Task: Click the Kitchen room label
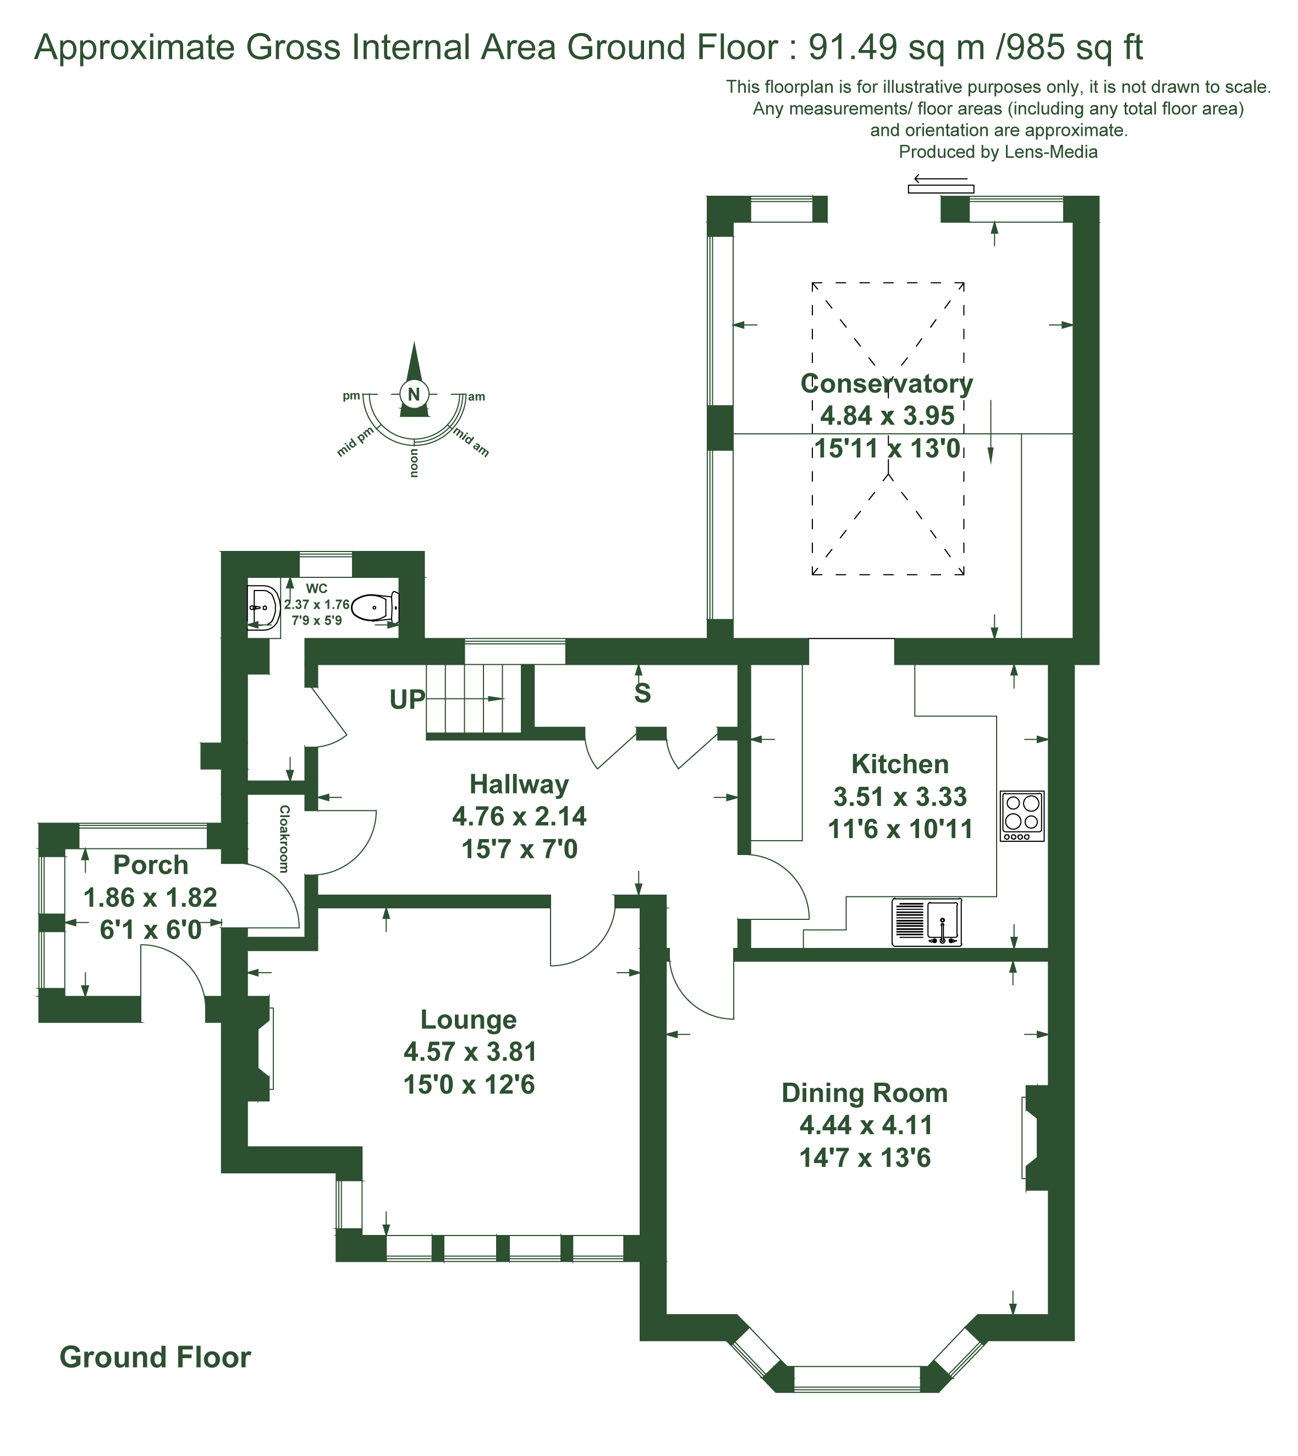point(900,764)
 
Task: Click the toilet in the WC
point(375,608)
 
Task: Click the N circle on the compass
point(414,394)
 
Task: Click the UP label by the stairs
point(407,700)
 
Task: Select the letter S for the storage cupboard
point(642,693)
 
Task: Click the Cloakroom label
point(284,839)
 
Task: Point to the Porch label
point(151,865)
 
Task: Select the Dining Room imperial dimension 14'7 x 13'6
point(865,1158)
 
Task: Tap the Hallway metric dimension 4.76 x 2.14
point(519,817)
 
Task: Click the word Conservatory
point(887,384)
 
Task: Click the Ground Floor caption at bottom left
point(156,1358)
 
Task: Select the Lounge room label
point(469,1019)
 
